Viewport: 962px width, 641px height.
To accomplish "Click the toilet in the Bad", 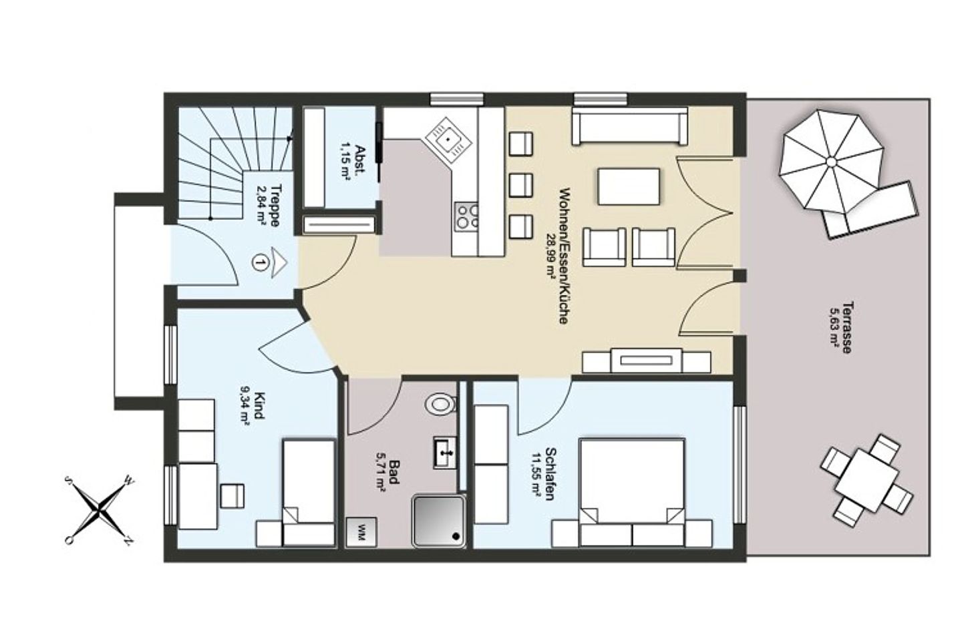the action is coord(440,404).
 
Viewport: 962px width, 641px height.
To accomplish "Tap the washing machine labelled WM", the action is coord(361,532).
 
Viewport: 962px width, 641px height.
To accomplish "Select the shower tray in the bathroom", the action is coord(439,521).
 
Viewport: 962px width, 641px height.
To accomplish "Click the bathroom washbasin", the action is coord(445,453).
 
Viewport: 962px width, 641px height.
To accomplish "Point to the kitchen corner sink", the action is coord(448,140).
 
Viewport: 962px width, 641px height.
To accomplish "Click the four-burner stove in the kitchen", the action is coord(467,216).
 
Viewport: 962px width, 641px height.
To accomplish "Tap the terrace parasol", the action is coord(832,162).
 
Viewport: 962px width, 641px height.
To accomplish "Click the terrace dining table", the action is coord(866,480).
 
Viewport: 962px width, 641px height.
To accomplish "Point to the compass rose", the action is coord(100,509).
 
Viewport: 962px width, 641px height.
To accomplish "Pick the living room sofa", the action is coord(630,126).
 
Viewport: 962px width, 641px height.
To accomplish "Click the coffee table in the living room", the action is coord(629,186).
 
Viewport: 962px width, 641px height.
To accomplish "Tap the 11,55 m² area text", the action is coord(536,475).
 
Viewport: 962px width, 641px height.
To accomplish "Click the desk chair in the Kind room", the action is coord(232,495).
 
